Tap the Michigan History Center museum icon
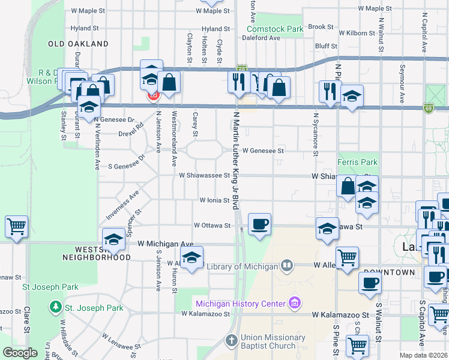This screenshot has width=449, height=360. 294,302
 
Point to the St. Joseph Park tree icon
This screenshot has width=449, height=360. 56,308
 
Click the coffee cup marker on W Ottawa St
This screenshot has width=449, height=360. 259,224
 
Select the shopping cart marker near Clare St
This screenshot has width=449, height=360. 16,226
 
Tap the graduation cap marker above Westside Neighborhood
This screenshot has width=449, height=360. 113,239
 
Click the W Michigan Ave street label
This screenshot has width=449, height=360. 165,244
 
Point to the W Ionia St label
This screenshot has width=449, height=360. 215,200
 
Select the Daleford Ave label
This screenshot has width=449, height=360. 261,38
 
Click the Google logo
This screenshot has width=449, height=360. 20,353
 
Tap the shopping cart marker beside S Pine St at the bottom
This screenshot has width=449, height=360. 357,346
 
